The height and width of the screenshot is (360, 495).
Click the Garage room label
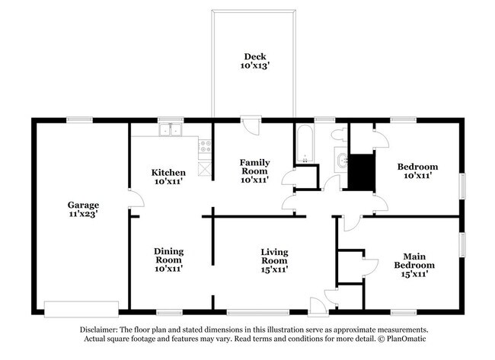83,205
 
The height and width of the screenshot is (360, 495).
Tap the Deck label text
254,56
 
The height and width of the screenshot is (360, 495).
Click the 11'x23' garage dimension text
83,215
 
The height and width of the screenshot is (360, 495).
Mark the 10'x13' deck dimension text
254,67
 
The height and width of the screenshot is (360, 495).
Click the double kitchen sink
169,130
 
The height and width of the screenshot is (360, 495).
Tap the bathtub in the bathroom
305,145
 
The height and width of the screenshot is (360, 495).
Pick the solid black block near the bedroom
361,172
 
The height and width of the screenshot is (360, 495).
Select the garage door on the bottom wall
81,307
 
